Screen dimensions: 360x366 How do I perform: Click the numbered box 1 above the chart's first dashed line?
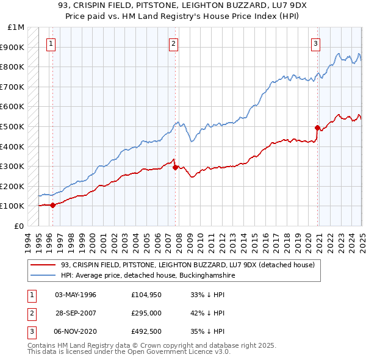click(x=50, y=43)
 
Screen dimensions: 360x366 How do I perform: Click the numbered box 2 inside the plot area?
click(x=173, y=43)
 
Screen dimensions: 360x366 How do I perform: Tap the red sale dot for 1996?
click(x=52, y=205)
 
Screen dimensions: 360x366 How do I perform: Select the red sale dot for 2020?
click(x=317, y=128)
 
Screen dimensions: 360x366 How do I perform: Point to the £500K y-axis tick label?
click(x=13, y=126)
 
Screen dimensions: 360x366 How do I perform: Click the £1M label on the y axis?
click(x=16, y=27)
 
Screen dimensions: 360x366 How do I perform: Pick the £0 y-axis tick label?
click(x=20, y=226)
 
